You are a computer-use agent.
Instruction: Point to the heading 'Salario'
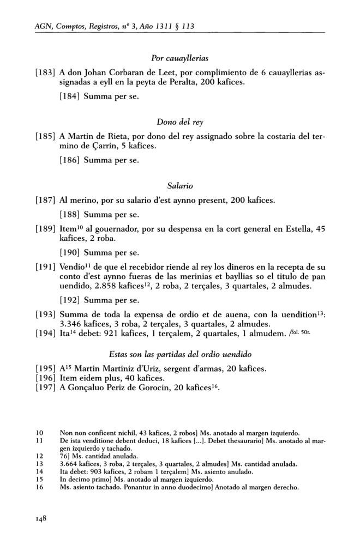click(180, 187)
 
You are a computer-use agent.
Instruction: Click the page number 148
click(39, 519)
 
